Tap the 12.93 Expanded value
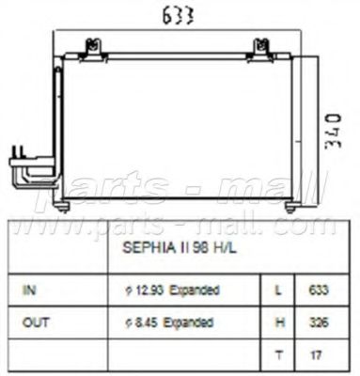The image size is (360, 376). pos(170,290)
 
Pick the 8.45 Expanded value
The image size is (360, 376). pos(167,321)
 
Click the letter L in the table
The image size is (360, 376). pos(277,290)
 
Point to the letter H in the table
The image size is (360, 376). pos(277,321)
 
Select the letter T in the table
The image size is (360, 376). pos(277,353)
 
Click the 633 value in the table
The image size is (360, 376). pos(320,290)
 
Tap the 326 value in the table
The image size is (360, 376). pos(320,321)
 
